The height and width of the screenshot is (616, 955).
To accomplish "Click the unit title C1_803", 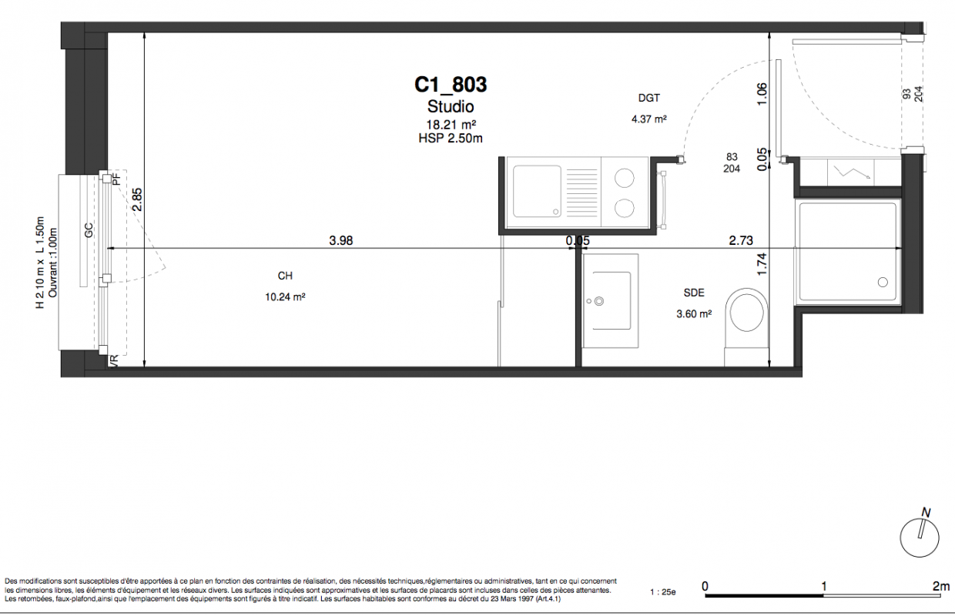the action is (x=451, y=85).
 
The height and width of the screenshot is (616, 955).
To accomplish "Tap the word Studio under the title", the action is (x=451, y=106).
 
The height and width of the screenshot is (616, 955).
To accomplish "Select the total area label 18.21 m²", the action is (x=451, y=125).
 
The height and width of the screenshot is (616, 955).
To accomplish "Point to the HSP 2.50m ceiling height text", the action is (x=451, y=138).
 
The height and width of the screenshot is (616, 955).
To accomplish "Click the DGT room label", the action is (x=649, y=98).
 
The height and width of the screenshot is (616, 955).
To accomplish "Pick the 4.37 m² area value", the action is (x=649, y=119).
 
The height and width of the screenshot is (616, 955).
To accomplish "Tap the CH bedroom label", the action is (x=285, y=276).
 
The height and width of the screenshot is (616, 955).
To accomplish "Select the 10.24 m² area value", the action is (x=285, y=296).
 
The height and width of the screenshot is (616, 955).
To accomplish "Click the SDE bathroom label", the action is (x=694, y=293).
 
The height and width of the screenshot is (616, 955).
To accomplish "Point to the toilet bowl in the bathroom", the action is (x=746, y=313).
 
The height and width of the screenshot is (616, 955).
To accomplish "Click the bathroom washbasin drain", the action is (x=599, y=301).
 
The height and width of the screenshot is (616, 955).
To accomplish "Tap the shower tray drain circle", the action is (x=883, y=283).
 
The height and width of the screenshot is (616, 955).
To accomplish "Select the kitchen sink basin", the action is (x=537, y=191).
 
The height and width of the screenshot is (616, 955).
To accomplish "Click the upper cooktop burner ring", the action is (x=624, y=178).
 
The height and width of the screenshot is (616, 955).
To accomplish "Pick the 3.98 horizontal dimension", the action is (x=341, y=241).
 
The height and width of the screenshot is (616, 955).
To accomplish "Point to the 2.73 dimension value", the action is (x=741, y=241).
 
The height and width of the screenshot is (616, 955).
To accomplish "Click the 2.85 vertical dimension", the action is (x=137, y=199).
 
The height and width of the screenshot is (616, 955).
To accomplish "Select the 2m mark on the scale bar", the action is (x=941, y=587).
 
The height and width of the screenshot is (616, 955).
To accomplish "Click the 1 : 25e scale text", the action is (x=663, y=592).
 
